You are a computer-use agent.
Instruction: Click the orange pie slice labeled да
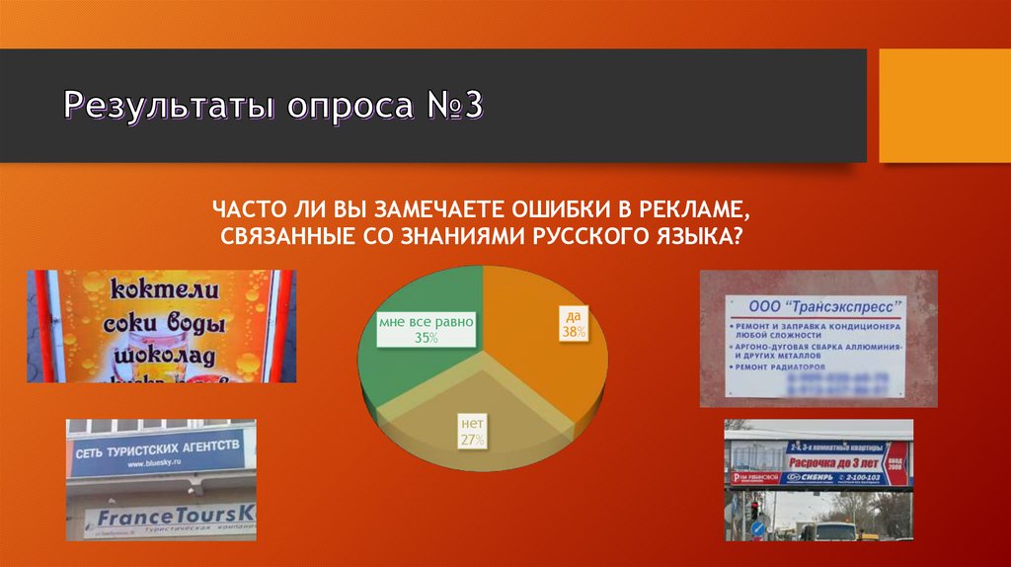tap(553, 356)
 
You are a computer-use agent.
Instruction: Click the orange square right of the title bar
tap(944, 106)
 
